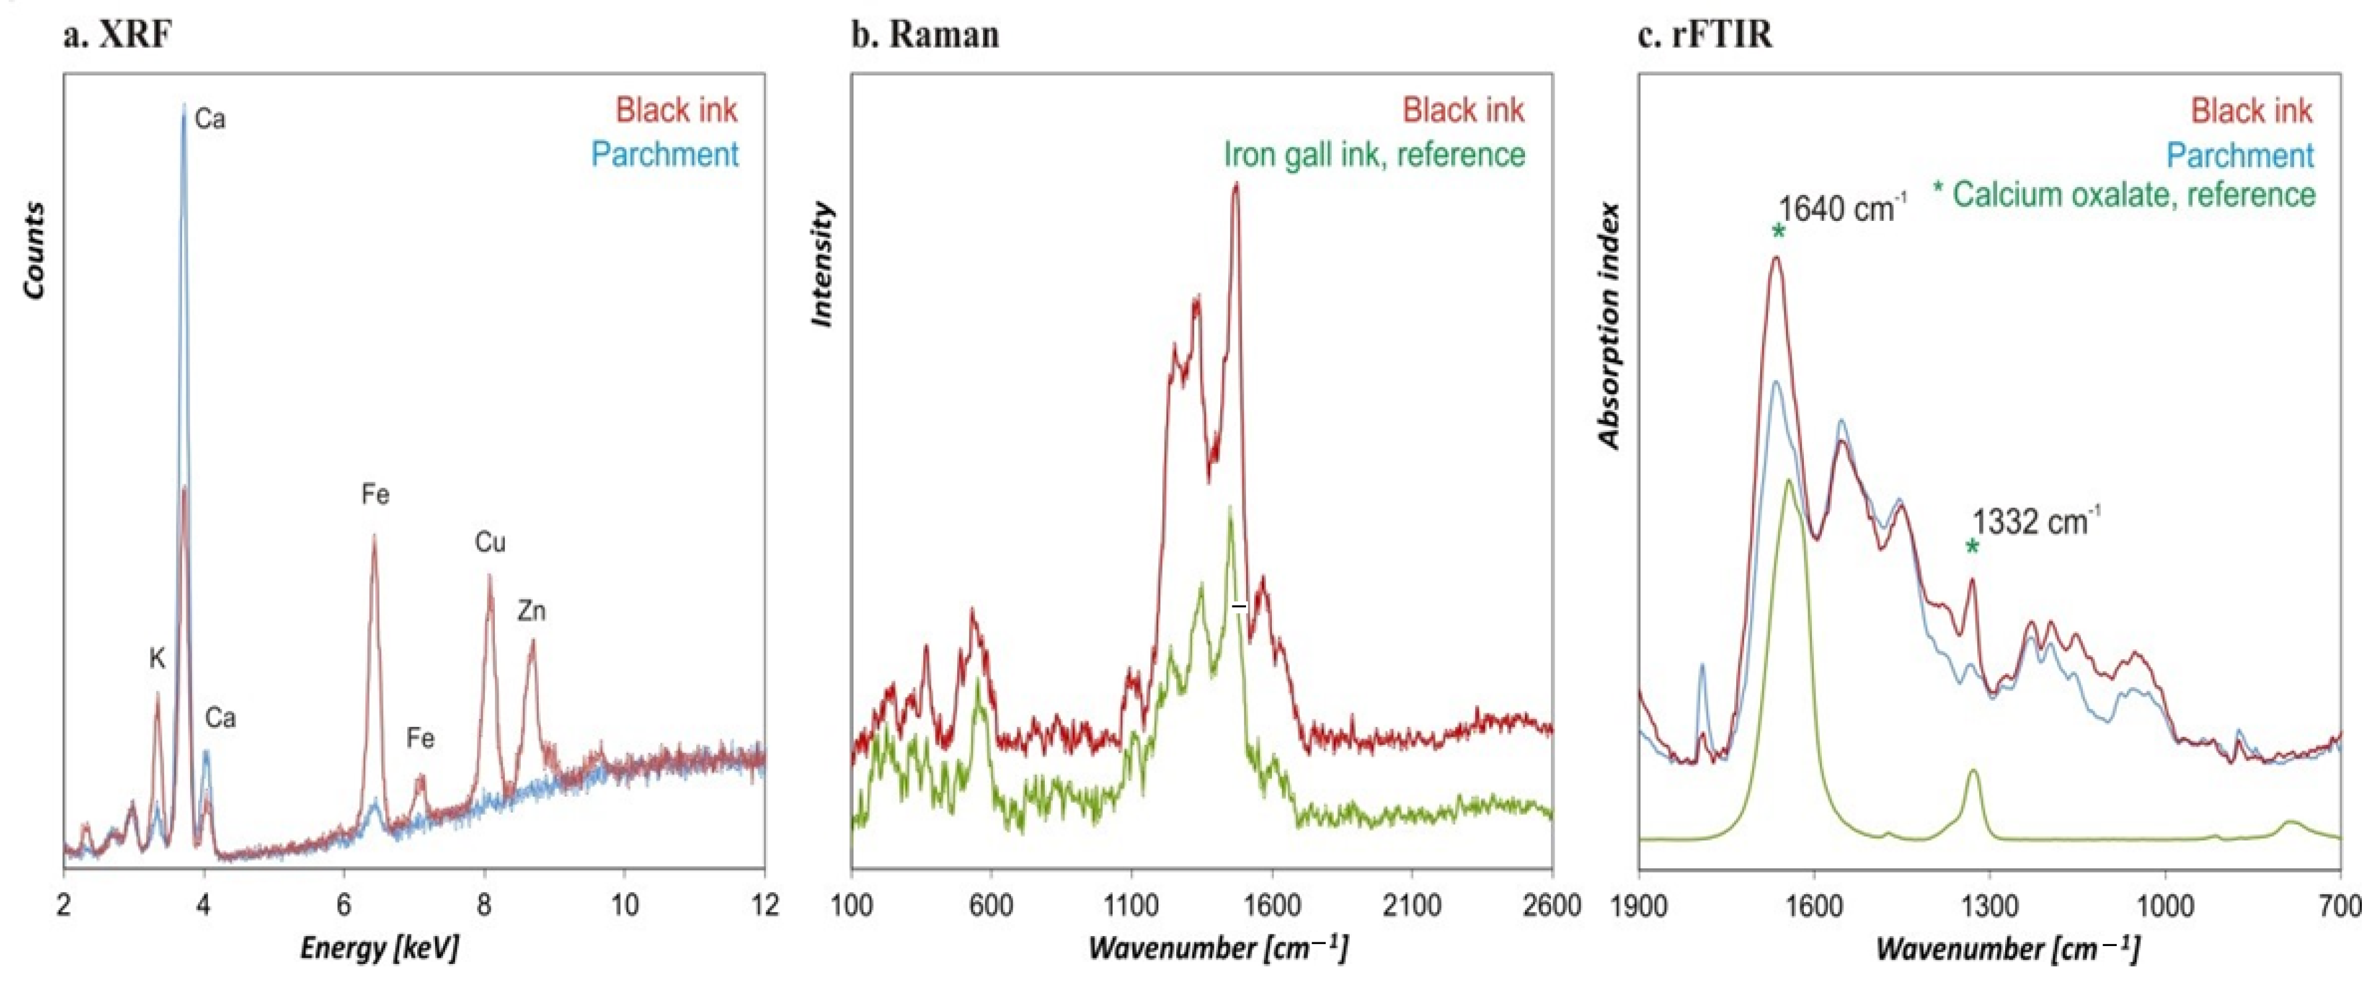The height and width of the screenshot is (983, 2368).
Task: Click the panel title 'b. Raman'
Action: pos(924,35)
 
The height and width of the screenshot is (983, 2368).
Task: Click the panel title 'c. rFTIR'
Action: pos(1705,35)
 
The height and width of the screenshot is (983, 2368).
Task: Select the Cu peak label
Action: pos(490,542)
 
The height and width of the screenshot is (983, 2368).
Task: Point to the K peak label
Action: pos(157,658)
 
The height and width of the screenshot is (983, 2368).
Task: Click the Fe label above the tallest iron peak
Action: pos(375,495)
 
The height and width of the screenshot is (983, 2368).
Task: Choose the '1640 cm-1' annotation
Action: pos(1842,209)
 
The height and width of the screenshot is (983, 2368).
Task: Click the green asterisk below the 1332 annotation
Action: pos(1971,548)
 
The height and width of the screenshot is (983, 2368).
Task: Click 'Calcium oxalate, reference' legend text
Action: pos(2133,195)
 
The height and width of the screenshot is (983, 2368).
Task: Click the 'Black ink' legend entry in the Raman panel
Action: pos(1463,110)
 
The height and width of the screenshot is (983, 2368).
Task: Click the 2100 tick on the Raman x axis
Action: pos(1412,906)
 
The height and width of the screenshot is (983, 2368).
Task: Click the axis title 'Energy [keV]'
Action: pos(379,947)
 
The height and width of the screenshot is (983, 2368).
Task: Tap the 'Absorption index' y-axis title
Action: pos(1609,326)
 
